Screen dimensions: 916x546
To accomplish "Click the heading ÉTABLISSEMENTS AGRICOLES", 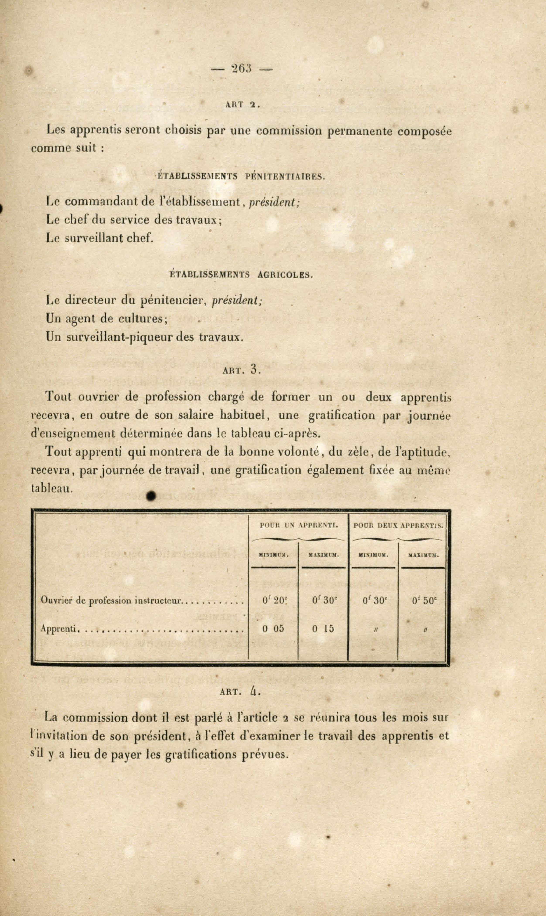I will pos(241,274).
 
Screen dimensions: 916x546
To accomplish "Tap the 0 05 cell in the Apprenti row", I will pos(273,628).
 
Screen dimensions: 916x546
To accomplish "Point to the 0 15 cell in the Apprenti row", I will pos(323,628).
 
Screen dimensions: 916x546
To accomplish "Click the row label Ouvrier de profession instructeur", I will pos(111,601).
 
